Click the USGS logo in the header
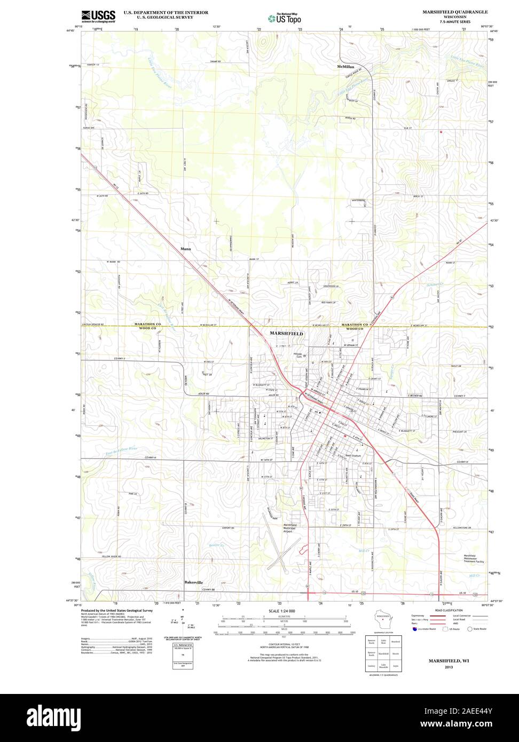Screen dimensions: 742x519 click(98, 16)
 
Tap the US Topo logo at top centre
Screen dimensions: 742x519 click(284, 18)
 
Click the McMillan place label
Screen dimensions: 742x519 click(345, 67)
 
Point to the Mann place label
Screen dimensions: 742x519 click(185, 249)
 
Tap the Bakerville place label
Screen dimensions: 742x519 click(194, 582)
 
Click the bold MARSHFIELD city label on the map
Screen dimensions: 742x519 click(287, 333)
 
